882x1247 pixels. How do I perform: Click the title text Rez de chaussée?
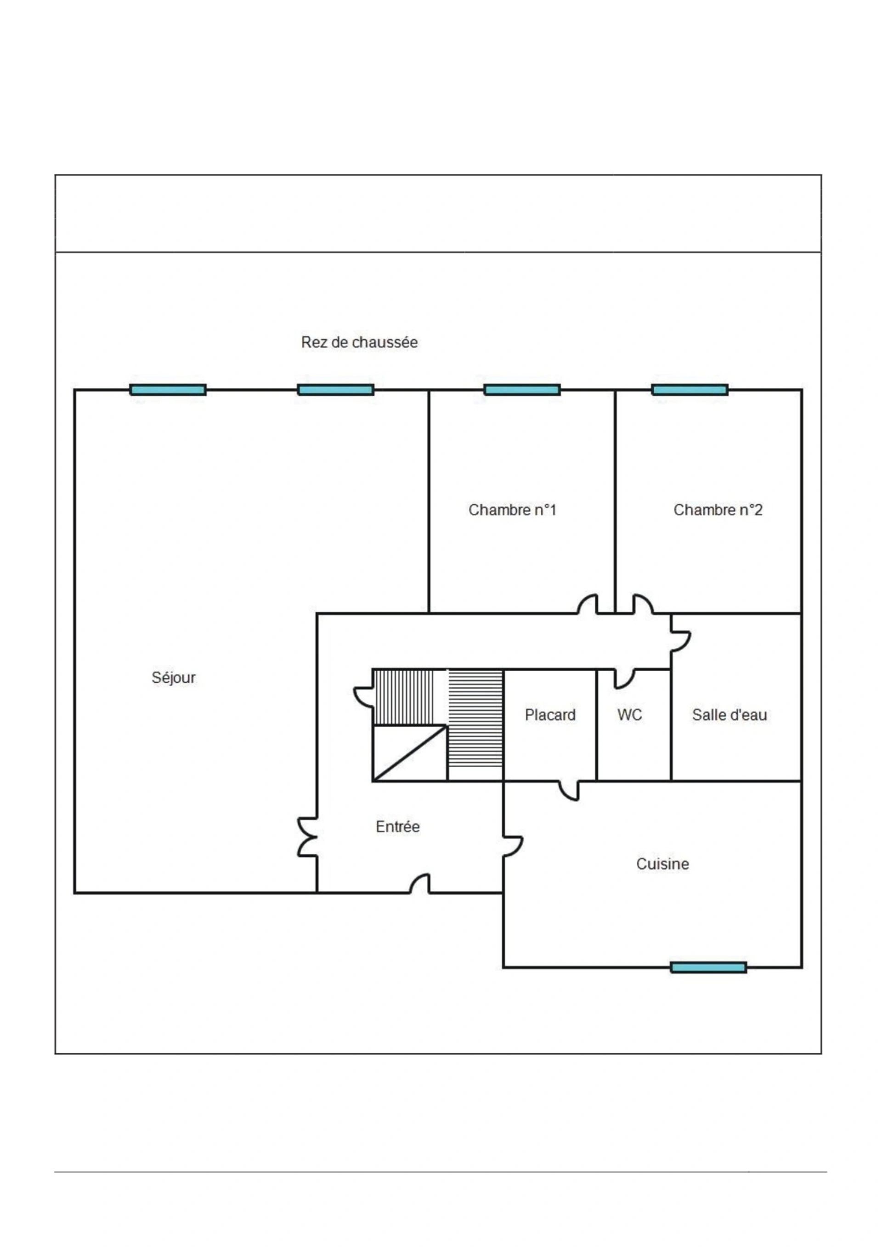[359, 342]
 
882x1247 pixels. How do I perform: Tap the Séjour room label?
[173, 678]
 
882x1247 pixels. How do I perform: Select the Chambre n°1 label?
[513, 510]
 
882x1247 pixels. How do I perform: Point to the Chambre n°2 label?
[718, 510]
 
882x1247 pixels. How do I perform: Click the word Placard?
[550, 715]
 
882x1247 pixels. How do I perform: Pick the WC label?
[629, 715]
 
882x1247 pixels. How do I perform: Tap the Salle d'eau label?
[729, 715]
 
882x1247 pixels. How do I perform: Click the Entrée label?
[398, 826]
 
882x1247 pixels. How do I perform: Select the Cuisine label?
[662, 864]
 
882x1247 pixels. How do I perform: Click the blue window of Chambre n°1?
[522, 390]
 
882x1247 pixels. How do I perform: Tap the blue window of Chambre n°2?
[690, 390]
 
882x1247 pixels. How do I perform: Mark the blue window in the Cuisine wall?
[708, 967]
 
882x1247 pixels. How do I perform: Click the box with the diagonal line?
[410, 753]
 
